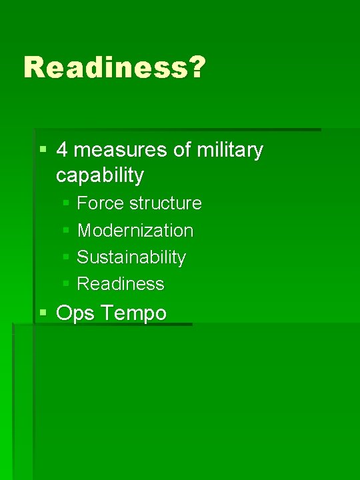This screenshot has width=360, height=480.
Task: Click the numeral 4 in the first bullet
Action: [x=62, y=150]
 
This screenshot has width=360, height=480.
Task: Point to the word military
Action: [x=230, y=150]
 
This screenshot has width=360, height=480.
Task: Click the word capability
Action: [x=100, y=175]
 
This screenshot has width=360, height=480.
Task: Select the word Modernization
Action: [x=135, y=230]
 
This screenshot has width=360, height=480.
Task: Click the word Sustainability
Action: [x=131, y=257]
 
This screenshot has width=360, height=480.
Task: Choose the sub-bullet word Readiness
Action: [x=121, y=283]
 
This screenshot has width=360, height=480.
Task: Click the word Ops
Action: [x=74, y=313]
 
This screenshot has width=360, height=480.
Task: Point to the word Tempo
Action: [x=134, y=313]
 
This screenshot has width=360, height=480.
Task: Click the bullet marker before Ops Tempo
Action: [x=43, y=312]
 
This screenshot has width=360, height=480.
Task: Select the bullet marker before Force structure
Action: [x=66, y=203]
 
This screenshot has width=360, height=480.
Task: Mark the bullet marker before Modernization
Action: [x=66, y=230]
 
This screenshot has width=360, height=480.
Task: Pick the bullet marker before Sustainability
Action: [x=66, y=257]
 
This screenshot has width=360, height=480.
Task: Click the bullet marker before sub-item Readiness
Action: [x=66, y=283]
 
